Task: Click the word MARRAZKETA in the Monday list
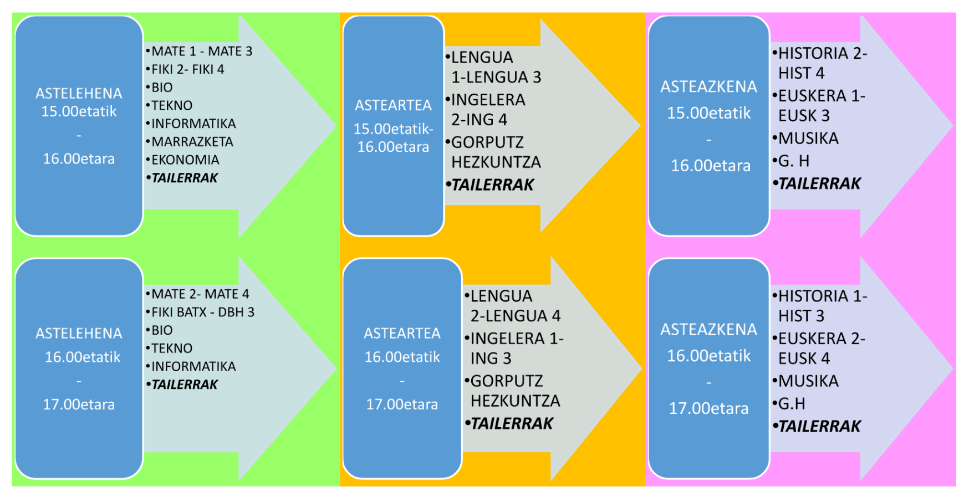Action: click(x=192, y=142)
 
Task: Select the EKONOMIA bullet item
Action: click(x=185, y=160)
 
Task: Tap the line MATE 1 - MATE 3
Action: click(x=202, y=52)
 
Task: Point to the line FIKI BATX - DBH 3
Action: click(x=203, y=312)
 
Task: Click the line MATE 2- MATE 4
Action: click(x=200, y=294)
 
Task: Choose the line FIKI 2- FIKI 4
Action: click(x=187, y=70)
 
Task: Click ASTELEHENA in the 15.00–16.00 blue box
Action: click(x=79, y=94)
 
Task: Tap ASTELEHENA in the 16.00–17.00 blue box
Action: click(x=79, y=334)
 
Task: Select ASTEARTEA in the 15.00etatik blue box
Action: click(x=393, y=105)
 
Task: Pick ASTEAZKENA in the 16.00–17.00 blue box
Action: click(x=708, y=330)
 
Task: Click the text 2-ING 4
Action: click(x=479, y=120)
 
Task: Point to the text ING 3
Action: click(x=491, y=358)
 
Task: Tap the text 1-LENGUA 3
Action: click(x=496, y=78)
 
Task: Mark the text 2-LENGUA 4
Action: click(x=516, y=316)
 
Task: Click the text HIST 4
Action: click(x=801, y=73)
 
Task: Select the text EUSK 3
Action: click(x=804, y=116)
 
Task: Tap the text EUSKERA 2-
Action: click(x=822, y=339)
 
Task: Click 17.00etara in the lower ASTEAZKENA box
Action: click(x=708, y=409)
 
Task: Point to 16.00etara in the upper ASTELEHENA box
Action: click(x=79, y=159)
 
